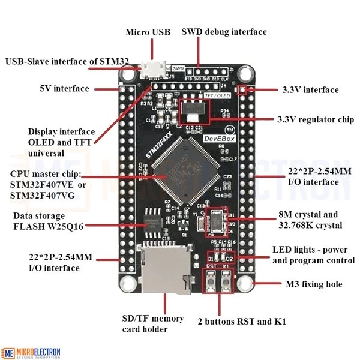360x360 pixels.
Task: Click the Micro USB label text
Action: (x=148, y=31)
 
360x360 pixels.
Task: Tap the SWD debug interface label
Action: (x=224, y=31)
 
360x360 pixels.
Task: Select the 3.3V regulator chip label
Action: (x=316, y=119)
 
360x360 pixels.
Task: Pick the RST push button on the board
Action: (x=212, y=280)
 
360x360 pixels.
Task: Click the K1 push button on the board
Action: (x=226, y=280)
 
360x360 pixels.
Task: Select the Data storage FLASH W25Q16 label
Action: (x=48, y=221)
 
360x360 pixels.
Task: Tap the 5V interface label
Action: (x=64, y=88)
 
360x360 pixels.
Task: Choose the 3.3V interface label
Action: (x=310, y=89)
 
